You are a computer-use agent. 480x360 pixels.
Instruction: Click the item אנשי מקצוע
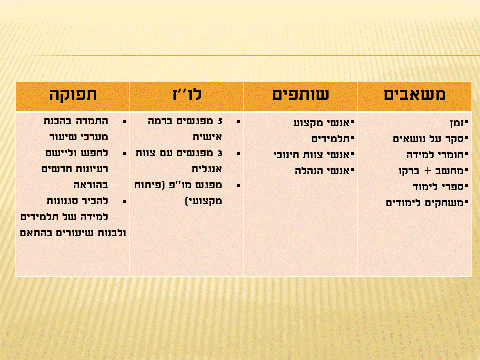(325, 122)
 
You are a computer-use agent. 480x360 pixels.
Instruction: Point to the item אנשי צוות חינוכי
(314, 154)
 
